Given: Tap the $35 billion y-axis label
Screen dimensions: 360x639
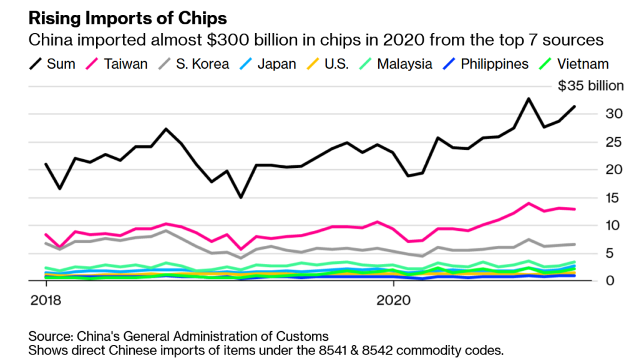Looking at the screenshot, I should [x=590, y=85].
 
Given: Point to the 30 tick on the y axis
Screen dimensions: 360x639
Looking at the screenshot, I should [x=615, y=114].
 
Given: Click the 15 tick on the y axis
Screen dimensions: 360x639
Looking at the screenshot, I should [x=615, y=198].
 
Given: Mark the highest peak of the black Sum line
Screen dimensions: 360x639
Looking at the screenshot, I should [x=529, y=99].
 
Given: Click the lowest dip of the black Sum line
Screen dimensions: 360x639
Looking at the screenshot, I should [x=241, y=197].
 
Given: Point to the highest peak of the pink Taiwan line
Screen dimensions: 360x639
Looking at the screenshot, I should [x=529, y=203].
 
